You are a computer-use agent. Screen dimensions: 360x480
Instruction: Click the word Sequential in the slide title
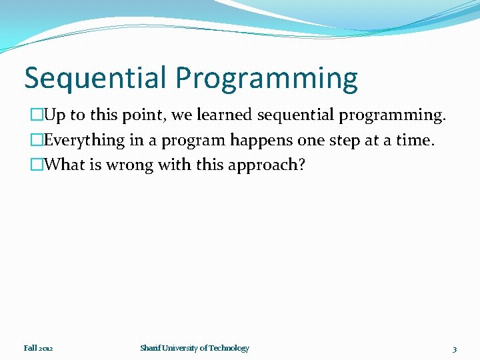click(x=96, y=78)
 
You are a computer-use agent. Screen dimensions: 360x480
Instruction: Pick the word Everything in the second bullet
click(x=85, y=141)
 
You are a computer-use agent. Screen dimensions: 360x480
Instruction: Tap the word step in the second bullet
click(x=343, y=141)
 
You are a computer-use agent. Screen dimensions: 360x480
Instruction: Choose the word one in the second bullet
click(x=307, y=141)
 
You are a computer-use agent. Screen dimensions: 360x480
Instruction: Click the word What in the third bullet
click(x=63, y=165)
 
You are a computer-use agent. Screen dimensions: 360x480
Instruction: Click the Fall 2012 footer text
click(x=38, y=348)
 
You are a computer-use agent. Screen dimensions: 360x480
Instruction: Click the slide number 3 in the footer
click(x=454, y=349)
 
